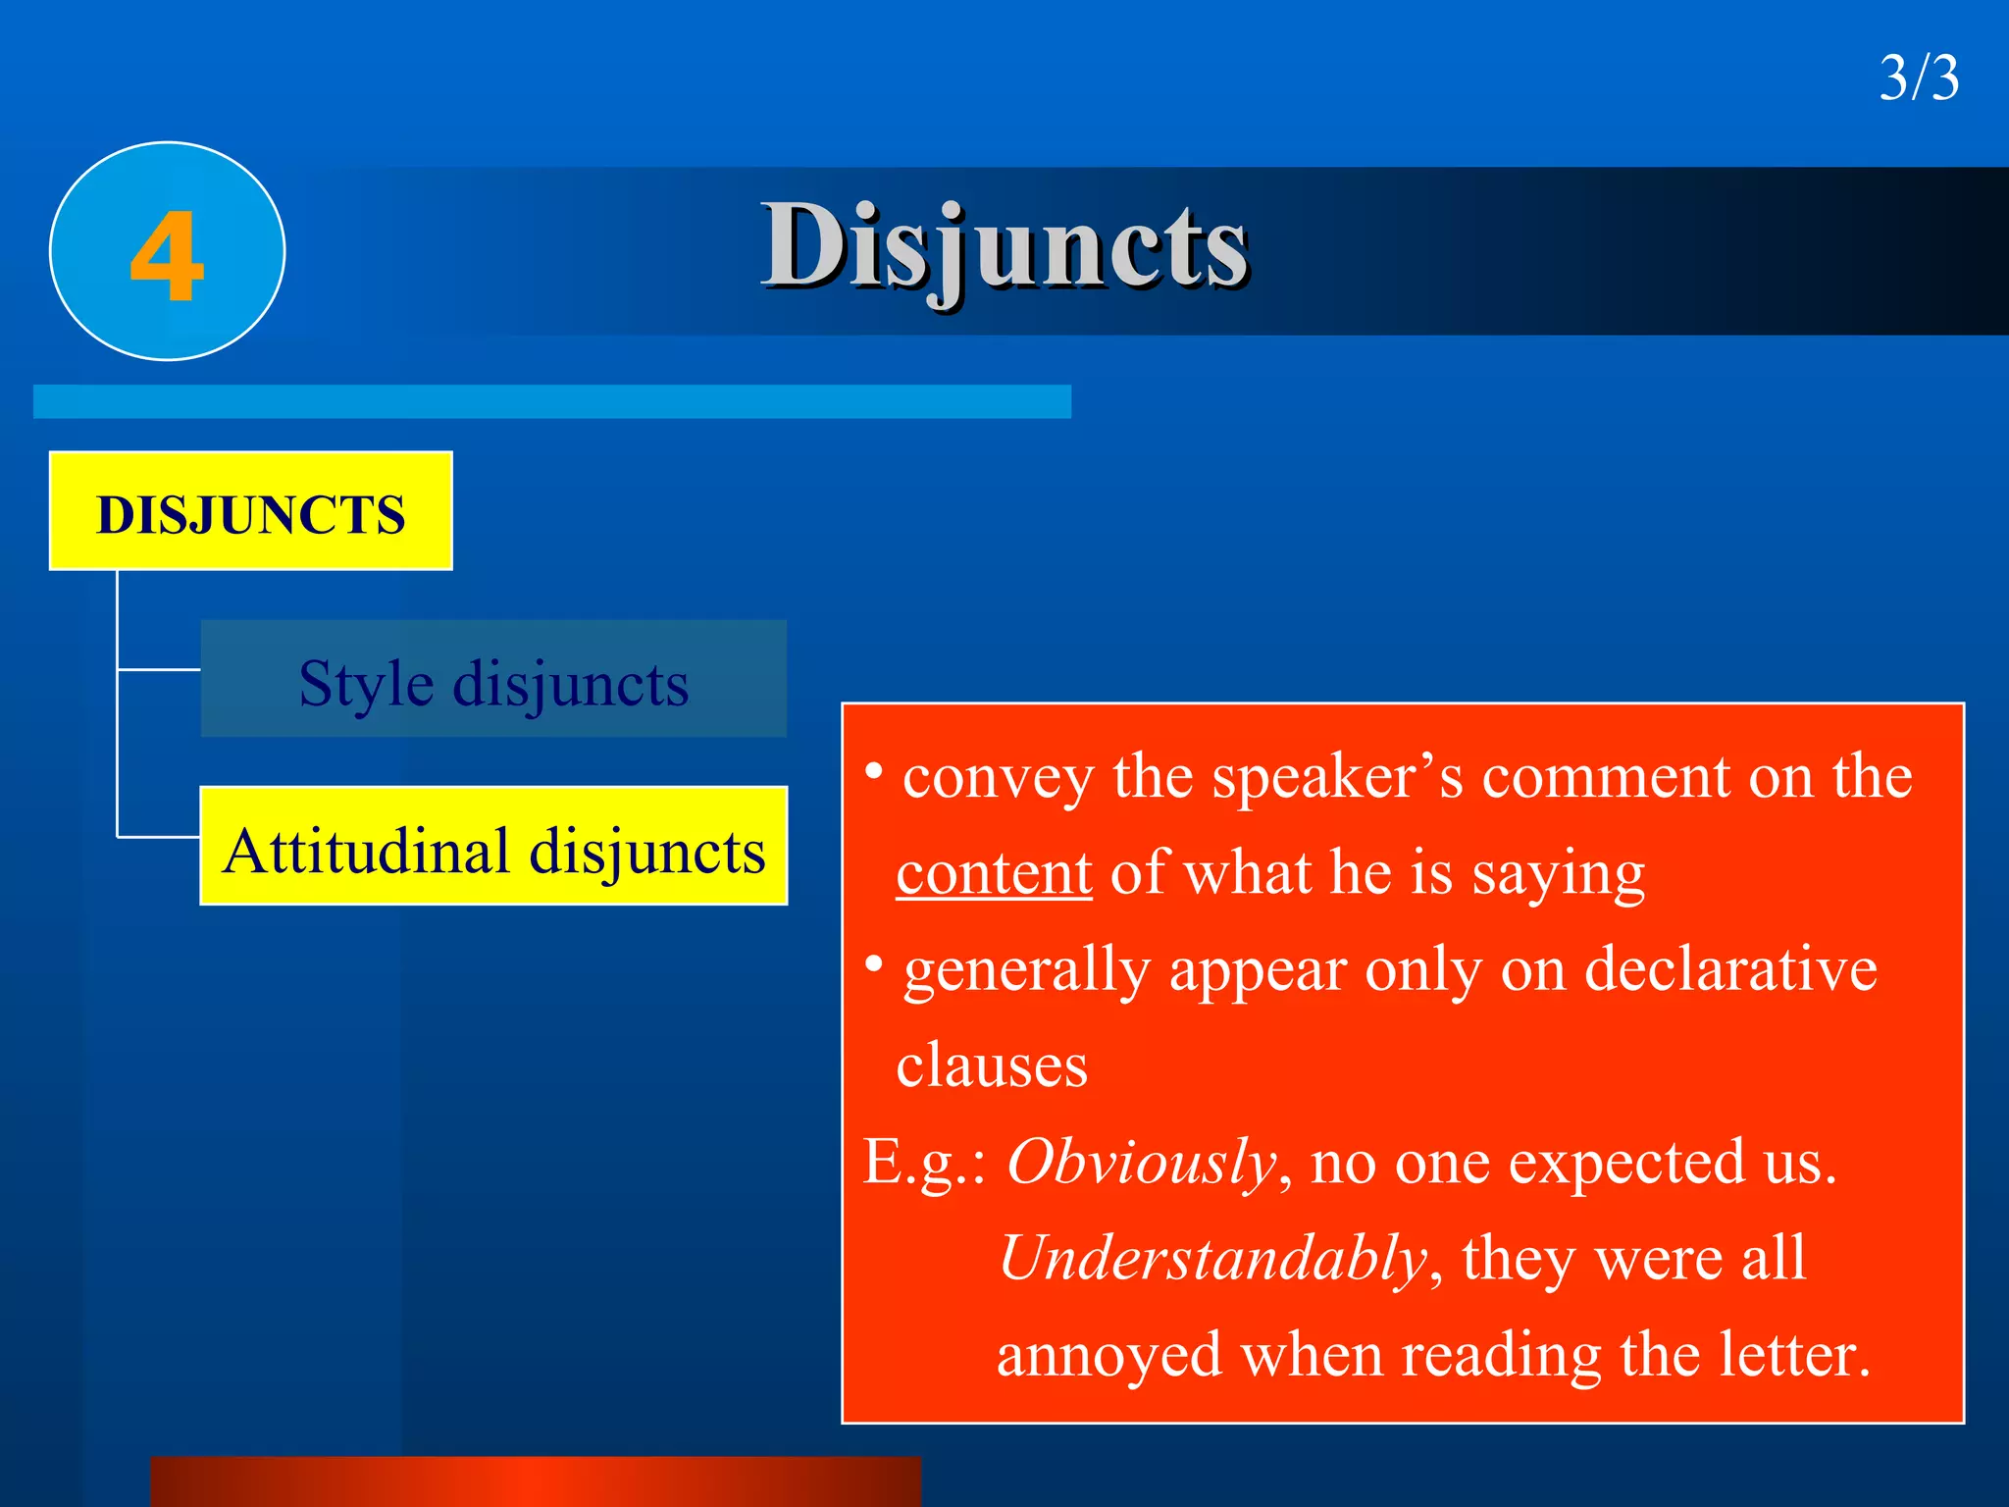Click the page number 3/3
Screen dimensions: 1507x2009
click(1919, 78)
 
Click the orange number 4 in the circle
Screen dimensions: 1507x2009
click(167, 257)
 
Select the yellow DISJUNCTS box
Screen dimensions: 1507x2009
click(250, 511)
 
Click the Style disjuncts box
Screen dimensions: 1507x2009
click(493, 679)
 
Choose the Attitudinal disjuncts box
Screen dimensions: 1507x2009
click(493, 847)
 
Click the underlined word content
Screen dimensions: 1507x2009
click(994, 872)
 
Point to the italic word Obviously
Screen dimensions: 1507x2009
click(1141, 1163)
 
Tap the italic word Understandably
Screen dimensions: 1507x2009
click(1212, 1258)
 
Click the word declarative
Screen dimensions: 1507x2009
click(1730, 969)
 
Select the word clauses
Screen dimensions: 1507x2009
click(992, 1065)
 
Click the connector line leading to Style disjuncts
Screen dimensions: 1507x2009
click(159, 669)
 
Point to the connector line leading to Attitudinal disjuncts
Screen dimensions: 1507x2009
click(159, 837)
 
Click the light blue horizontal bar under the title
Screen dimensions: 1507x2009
click(551, 401)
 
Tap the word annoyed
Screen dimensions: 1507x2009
click(1108, 1355)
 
